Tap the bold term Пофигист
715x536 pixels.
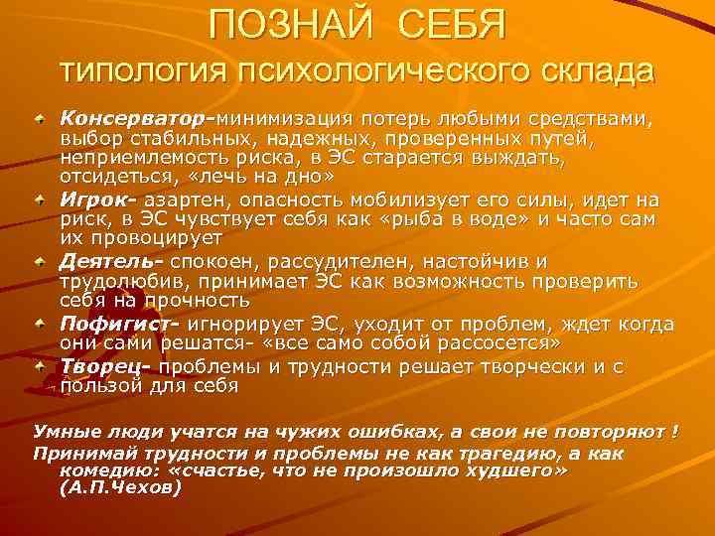click(114, 325)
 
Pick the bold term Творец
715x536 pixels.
click(100, 366)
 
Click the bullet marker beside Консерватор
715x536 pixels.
click(41, 119)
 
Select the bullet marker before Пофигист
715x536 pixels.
click(41, 325)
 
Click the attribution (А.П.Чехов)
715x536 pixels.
click(121, 489)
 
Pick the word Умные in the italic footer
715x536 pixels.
click(65, 433)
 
